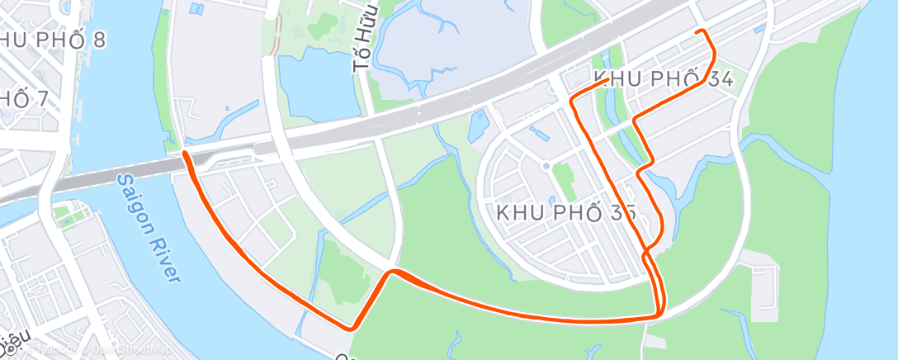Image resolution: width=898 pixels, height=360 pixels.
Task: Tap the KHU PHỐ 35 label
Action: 566,212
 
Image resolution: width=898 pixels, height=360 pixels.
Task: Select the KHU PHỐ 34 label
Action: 663,78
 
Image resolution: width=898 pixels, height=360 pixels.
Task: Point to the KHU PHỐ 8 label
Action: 52,40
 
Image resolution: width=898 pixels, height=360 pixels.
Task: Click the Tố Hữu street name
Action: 366,39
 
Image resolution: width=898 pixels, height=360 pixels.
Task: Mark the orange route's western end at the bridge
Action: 184,153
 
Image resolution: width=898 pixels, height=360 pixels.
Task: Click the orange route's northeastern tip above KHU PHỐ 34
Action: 702,31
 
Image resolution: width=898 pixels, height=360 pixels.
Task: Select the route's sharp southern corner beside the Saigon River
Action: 352,328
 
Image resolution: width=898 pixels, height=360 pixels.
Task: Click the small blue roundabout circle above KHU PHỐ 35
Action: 546,166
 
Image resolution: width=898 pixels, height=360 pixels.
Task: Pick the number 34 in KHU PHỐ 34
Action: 716,78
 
